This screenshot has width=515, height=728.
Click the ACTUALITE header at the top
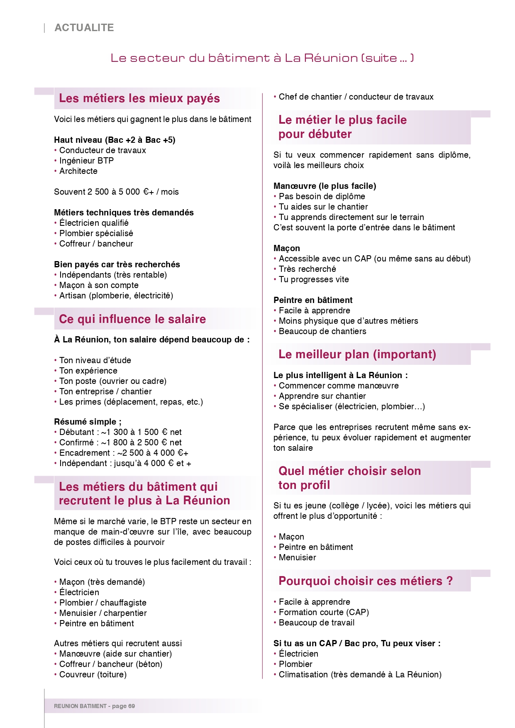84,28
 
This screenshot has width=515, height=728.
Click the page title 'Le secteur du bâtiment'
262,58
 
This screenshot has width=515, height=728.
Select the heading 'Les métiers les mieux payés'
139,98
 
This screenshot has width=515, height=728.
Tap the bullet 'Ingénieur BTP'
86,161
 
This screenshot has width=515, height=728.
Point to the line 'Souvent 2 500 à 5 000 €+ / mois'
116,192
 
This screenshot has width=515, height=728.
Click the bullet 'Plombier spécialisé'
96,233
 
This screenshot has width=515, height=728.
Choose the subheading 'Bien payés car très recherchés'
117,264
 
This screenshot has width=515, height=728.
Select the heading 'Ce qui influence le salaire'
132,319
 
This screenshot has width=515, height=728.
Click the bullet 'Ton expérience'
88,371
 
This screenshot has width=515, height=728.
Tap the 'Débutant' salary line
120,432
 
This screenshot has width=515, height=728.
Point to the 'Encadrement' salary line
124,453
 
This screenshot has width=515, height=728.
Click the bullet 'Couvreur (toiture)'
93,674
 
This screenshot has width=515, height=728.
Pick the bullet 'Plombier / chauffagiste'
103,603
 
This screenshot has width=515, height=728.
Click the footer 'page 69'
123,706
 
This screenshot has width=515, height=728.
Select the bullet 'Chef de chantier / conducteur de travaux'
356,97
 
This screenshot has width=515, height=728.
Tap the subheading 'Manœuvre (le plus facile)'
325,186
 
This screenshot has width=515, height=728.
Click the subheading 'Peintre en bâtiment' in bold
313,300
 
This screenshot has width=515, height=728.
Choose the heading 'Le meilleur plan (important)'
357,354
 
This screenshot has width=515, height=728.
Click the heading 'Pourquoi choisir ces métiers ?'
366,581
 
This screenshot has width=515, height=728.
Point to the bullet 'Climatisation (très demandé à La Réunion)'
360,674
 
